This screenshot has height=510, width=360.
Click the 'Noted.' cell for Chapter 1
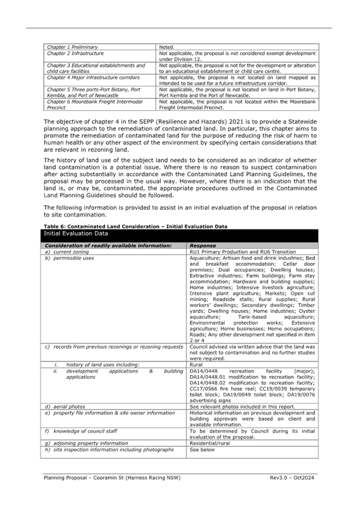coord(166,47)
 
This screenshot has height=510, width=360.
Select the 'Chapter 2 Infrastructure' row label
coord(75,54)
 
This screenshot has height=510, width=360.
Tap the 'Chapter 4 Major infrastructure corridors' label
coord(93,78)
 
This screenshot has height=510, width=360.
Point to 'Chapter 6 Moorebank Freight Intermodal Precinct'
coord(94,105)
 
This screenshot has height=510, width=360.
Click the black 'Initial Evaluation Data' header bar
coord(179,236)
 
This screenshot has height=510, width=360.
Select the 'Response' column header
coord(203,246)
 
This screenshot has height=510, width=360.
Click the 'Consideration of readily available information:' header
coord(108,246)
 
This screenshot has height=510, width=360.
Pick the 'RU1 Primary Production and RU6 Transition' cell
coord(243,252)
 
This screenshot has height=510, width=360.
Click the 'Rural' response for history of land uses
coord(196,364)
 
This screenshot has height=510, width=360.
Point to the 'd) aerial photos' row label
coord(65,407)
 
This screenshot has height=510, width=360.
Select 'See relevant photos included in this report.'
coord(242,407)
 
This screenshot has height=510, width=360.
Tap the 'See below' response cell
coord(202,449)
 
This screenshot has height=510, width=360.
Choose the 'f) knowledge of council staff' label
coord(81,431)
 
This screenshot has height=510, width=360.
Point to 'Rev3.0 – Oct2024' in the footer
coord(291,478)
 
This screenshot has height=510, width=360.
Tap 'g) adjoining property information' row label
coord(87,443)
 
